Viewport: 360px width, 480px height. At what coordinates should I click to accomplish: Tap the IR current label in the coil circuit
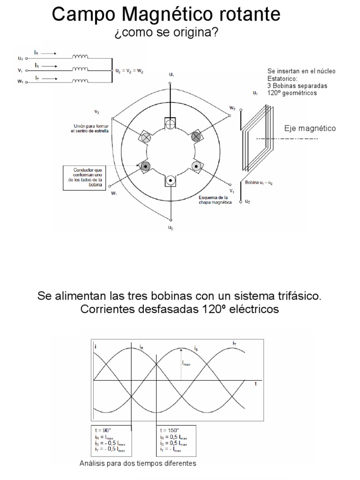coord(37,53)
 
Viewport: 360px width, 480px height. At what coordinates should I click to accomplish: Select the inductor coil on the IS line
coord(80,69)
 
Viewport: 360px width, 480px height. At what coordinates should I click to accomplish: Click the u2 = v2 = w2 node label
coord(129,71)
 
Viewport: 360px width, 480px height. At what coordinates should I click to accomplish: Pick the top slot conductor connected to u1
coord(170,123)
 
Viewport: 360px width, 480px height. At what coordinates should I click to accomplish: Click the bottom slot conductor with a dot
coord(170,180)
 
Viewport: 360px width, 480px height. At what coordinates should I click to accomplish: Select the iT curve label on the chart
coord(234,344)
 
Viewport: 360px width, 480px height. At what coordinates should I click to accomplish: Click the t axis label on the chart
coord(255,383)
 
